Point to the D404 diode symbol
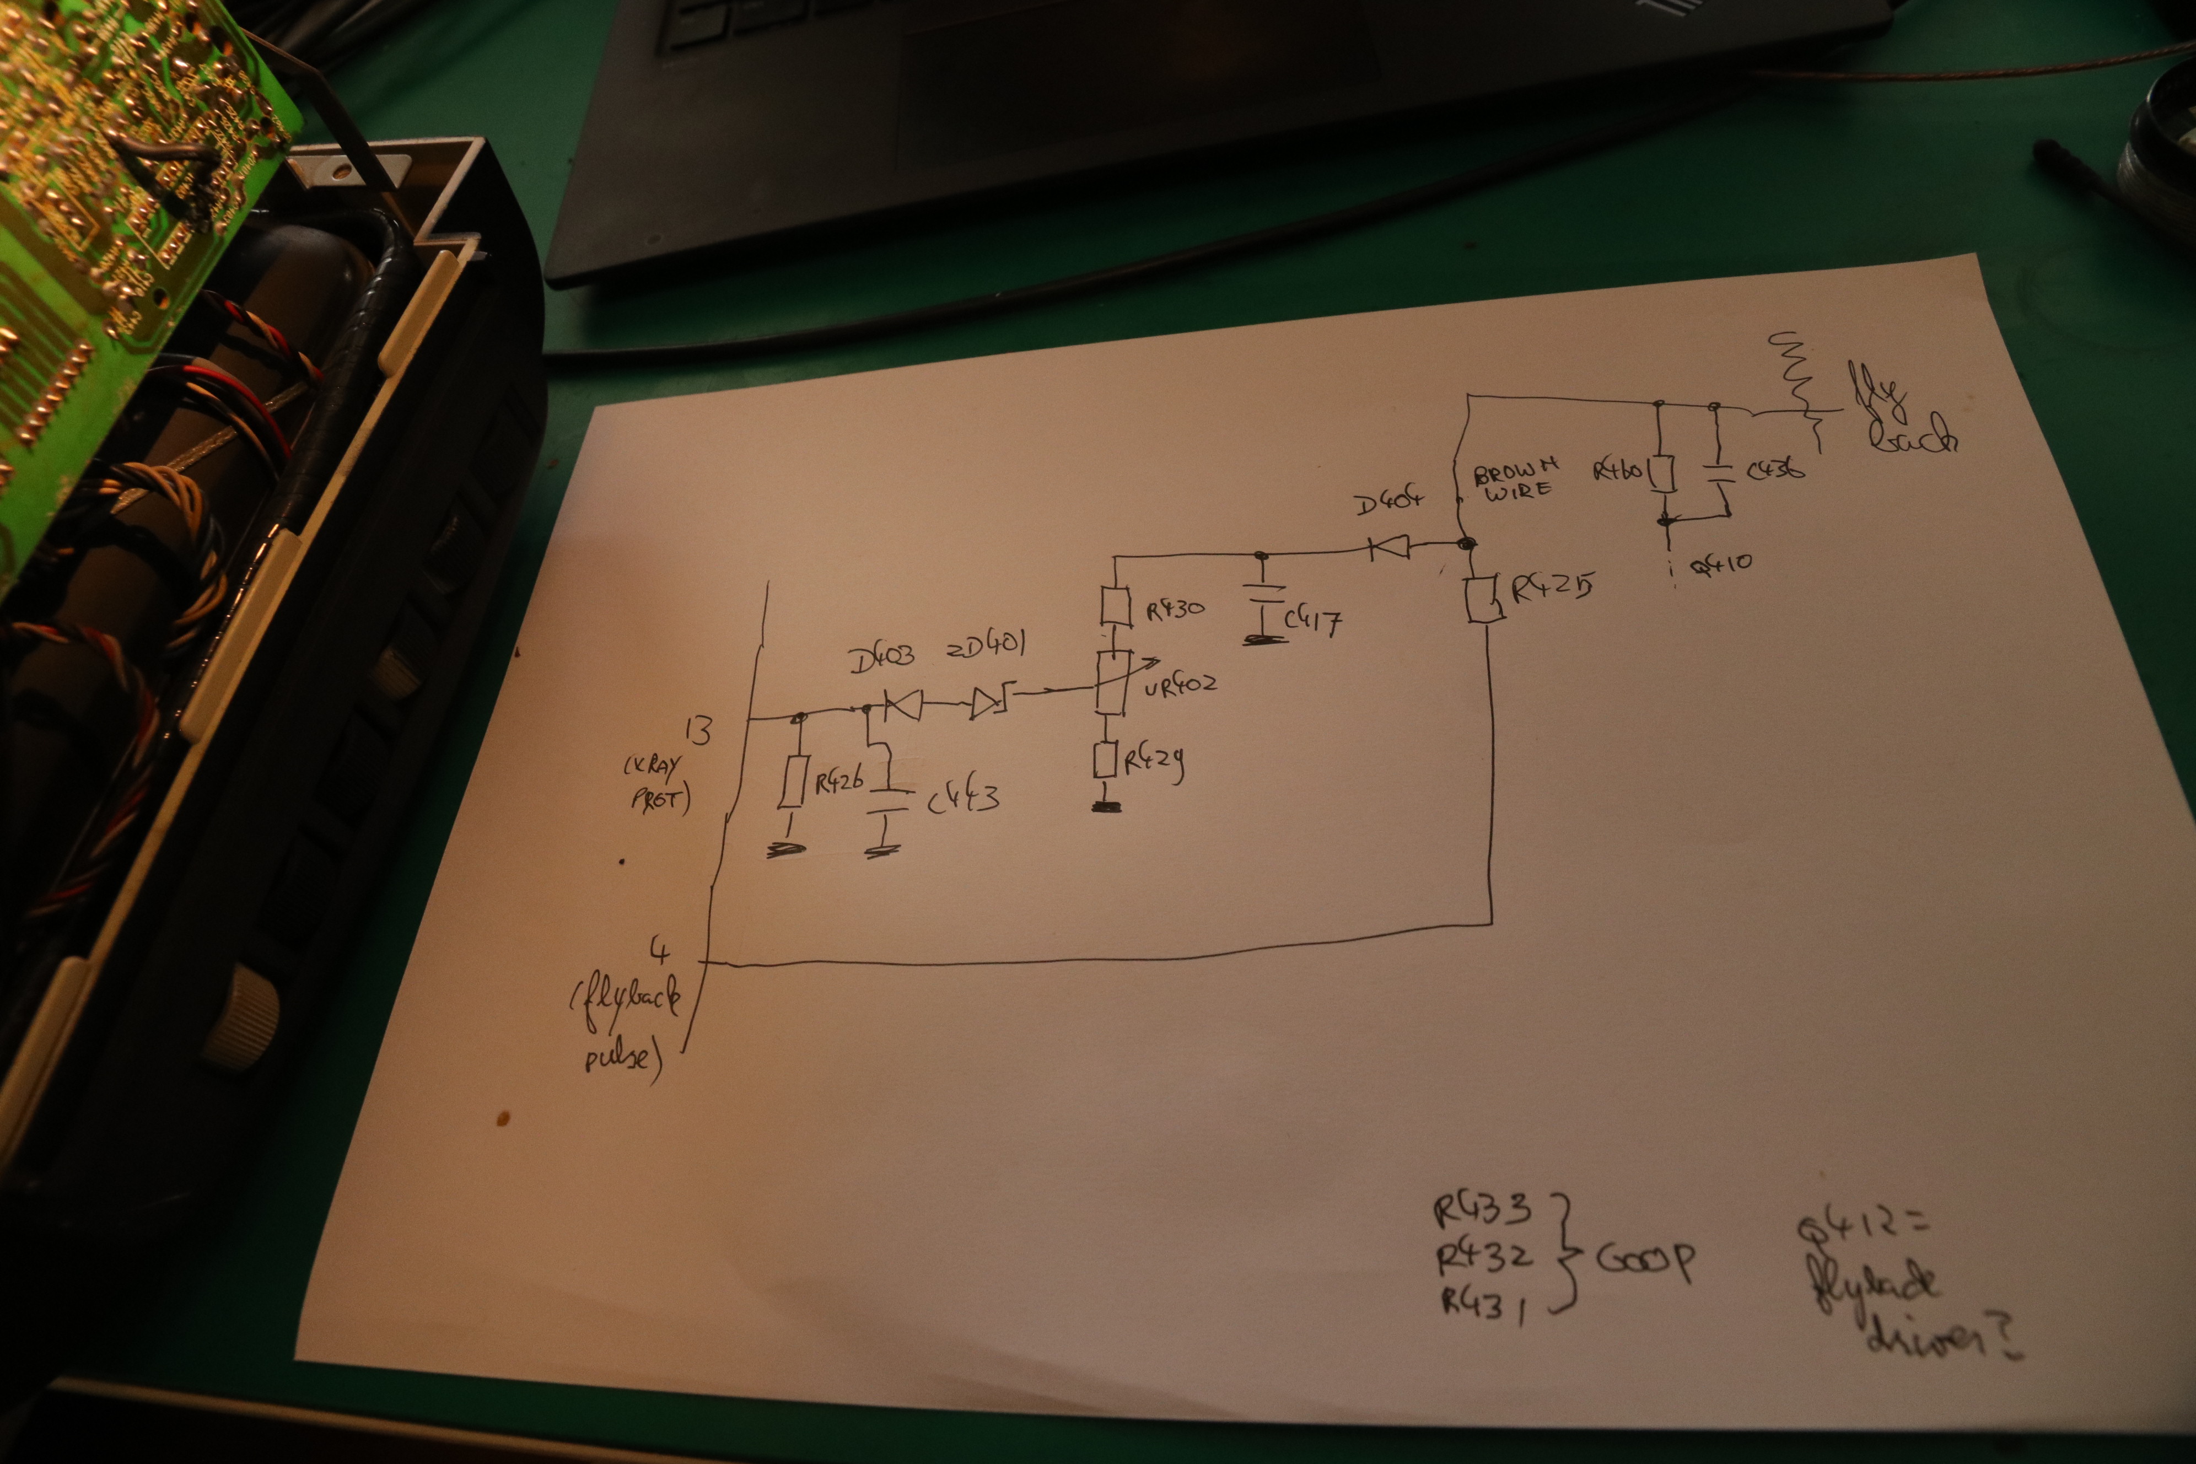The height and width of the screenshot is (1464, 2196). tap(1388, 547)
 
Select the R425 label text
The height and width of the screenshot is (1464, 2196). tap(1551, 587)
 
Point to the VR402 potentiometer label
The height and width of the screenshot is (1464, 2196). tap(1180, 685)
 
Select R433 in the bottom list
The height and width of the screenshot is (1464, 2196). tap(1482, 1210)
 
